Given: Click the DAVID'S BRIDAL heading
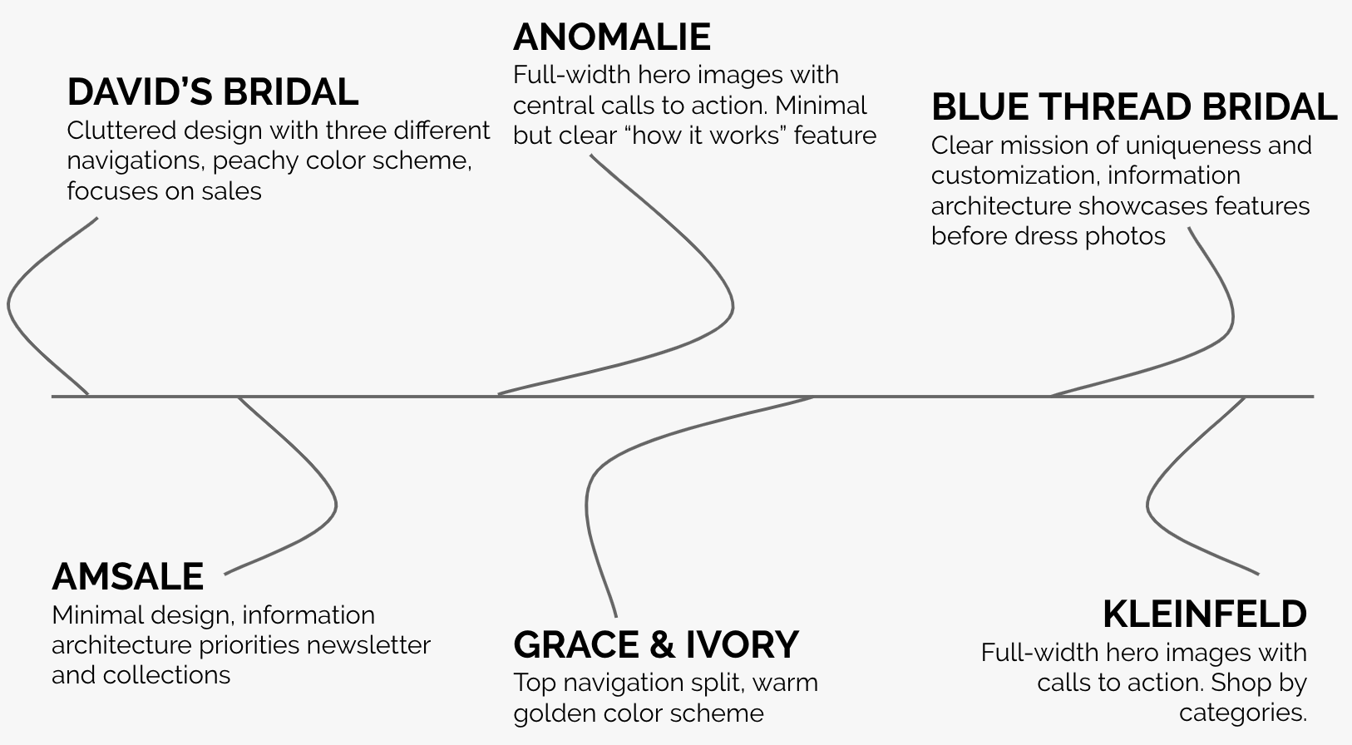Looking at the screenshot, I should (212, 91).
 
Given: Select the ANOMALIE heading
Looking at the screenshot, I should (611, 37).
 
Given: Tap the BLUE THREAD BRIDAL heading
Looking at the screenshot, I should (1133, 107).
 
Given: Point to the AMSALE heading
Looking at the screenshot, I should (127, 576).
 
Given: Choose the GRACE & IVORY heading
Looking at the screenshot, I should (655, 644).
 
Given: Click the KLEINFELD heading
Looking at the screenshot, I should (1204, 614).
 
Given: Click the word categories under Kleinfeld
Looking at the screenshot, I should (1242, 713).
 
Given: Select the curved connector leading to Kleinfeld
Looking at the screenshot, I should (1149, 504).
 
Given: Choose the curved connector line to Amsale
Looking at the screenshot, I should (334, 504).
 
